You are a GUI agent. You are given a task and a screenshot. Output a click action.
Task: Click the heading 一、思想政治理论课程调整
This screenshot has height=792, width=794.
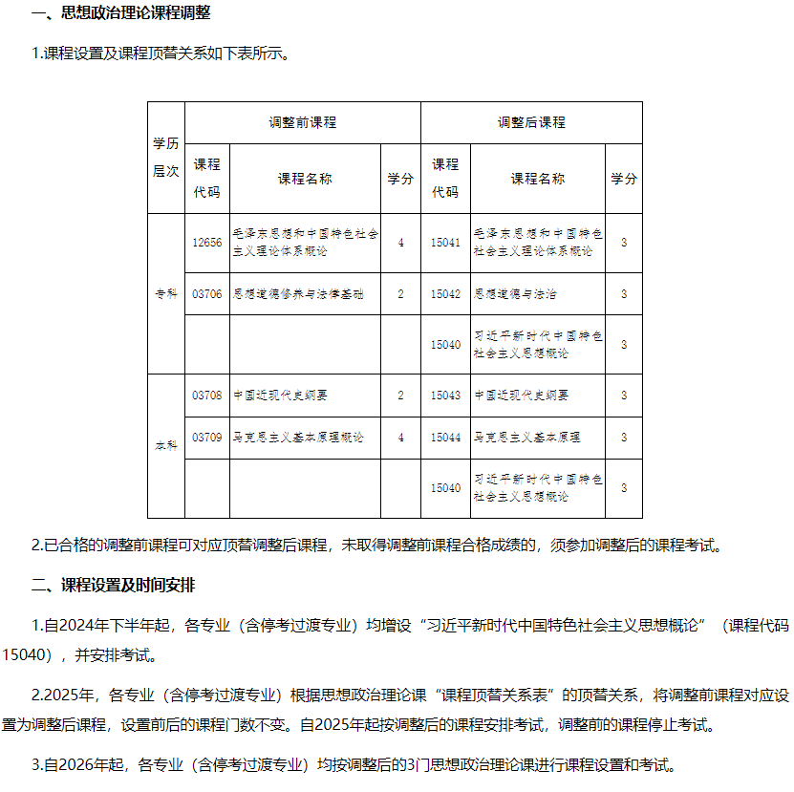coord(121,13)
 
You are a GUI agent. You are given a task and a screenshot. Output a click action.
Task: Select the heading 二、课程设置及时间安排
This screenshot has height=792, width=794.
coord(114,585)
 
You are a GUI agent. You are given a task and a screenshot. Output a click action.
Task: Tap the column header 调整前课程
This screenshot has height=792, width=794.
coord(302,122)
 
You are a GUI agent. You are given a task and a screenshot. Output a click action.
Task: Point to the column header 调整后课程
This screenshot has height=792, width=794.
coord(531,122)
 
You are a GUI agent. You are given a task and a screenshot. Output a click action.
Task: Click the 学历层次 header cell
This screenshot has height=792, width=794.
coord(165,158)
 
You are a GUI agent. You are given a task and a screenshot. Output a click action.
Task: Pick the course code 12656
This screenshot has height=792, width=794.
coord(206,243)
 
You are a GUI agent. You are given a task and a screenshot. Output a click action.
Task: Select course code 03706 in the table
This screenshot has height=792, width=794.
coord(206,294)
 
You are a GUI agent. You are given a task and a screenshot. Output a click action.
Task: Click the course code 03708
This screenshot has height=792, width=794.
coord(206,396)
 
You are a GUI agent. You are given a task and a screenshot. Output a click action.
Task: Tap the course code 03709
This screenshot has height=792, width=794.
coord(206,438)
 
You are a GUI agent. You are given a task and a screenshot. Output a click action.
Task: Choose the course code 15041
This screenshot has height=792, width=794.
coord(445,243)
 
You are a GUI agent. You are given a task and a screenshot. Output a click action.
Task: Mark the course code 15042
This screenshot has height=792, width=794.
coord(445,294)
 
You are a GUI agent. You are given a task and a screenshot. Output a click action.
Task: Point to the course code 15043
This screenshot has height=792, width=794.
coord(445,396)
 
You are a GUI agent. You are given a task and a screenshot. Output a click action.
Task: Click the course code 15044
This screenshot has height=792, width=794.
coord(445,438)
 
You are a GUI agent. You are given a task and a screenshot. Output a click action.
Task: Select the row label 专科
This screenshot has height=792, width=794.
coord(165,294)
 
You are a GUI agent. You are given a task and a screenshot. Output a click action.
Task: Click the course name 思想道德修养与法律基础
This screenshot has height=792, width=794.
coord(298,294)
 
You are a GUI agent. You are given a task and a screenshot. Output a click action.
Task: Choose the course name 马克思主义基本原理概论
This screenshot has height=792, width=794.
coord(298,438)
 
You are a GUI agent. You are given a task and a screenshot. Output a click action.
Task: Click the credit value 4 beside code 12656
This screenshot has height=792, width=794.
coord(400,243)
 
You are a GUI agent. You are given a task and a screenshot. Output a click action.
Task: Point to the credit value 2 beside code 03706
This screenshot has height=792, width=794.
coord(400,294)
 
